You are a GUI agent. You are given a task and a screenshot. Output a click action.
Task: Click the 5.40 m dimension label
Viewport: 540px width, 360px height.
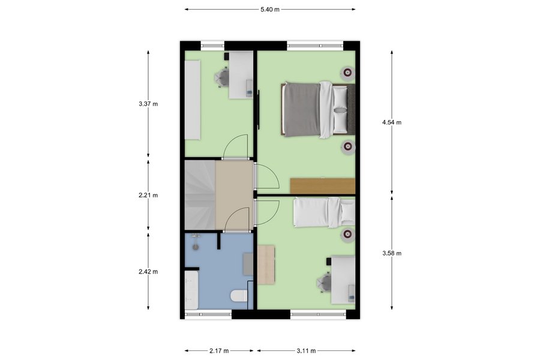270,10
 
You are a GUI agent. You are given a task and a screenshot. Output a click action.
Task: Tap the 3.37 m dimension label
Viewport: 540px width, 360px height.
148,104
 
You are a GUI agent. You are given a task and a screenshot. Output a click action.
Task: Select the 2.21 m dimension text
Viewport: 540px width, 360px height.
148,196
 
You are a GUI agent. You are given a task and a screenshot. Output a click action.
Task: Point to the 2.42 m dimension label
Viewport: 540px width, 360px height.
148,272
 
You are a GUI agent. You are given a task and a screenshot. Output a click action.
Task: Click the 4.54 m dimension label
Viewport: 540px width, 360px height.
392,122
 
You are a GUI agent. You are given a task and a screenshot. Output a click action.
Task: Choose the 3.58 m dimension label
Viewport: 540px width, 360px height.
392,254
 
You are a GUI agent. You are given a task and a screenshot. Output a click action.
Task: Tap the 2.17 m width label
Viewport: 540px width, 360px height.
219,351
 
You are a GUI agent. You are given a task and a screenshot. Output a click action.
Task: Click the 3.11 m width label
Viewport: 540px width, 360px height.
306,351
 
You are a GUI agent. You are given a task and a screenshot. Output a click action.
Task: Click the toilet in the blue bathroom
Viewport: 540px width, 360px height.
239,296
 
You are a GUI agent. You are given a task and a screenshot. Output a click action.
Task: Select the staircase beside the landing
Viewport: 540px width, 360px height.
200,195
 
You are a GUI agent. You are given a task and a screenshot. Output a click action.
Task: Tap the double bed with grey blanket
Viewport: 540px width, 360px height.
317,110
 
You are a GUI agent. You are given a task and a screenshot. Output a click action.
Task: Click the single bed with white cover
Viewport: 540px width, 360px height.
324,212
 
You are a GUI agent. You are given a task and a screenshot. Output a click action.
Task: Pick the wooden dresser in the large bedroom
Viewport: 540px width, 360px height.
322,186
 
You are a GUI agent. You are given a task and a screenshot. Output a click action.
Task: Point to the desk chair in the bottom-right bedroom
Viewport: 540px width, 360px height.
325,282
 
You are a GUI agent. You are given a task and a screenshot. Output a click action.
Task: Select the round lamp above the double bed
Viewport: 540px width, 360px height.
347,73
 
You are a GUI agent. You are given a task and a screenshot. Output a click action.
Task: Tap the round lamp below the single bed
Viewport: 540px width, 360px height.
347,235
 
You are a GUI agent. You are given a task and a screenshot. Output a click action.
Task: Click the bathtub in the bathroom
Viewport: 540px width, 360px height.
191,290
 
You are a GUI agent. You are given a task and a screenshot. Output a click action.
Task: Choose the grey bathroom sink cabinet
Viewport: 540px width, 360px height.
248,264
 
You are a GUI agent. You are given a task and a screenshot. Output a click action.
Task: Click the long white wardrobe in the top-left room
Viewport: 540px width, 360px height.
193,100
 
